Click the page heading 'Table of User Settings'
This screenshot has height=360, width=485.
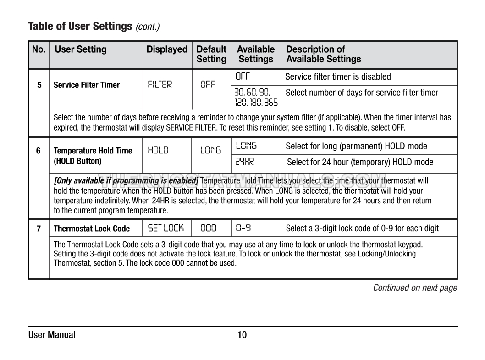coord(80,26)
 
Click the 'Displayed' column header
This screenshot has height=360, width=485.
coord(167,49)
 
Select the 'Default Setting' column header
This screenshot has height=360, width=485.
coord(211,54)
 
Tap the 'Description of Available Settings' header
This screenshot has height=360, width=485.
coord(323,54)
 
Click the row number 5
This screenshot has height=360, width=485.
coord(39,85)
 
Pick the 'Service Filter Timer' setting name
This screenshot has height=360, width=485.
coord(87,85)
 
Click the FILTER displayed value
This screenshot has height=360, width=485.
coord(160,85)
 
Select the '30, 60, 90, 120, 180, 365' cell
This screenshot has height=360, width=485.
coord(256,98)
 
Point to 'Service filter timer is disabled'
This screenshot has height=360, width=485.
coord(338,76)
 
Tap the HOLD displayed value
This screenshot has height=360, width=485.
coord(158,150)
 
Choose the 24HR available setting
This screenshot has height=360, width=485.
coord(244,162)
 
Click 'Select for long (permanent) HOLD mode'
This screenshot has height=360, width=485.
coord(356,146)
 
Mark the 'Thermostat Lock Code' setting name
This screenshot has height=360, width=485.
coord(92,229)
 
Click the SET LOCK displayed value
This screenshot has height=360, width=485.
coord(165,228)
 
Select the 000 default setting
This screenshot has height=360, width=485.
coord(209,228)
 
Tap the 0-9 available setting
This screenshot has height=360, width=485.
coord(243,228)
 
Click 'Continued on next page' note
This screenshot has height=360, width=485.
coord(415,288)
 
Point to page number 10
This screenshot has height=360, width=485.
coord(242,335)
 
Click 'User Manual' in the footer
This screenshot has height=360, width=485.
coord(52,335)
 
